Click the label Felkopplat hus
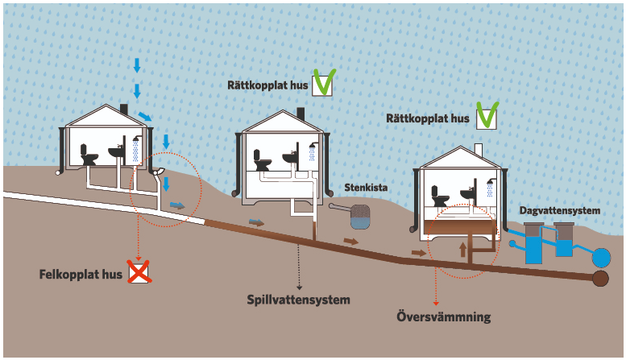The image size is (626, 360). (81, 274)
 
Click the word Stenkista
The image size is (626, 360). (366, 188)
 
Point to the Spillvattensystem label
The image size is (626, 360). (298, 300)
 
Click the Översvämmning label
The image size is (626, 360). (443, 317)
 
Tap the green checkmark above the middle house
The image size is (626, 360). (324, 82)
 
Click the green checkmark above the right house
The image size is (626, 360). (486, 116)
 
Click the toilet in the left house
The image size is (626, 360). (89, 155)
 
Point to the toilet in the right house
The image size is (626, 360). (440, 197)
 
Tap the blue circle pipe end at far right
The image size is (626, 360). (601, 258)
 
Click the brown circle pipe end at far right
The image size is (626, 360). (600, 279)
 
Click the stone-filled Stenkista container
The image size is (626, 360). (359, 214)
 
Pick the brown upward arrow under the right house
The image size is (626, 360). (462, 247)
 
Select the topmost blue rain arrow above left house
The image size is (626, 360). (136, 65)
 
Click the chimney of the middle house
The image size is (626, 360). (300, 113)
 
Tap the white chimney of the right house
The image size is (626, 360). (478, 151)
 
